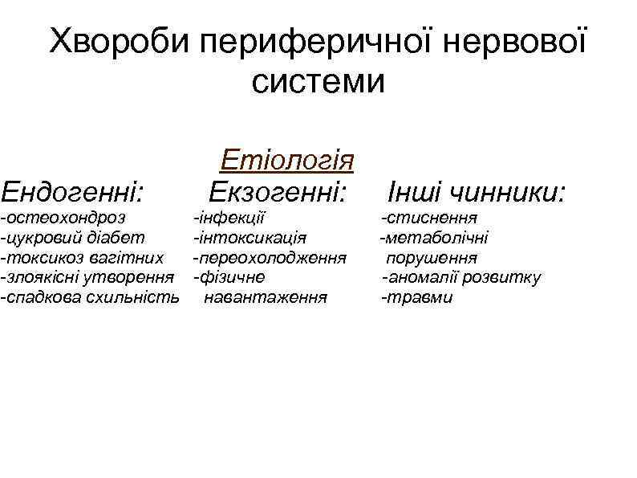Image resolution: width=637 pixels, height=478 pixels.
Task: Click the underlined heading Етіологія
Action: (x=287, y=159)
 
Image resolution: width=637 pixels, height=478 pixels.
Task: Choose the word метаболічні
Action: (x=437, y=237)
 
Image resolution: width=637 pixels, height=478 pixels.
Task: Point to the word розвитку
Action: (x=505, y=277)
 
